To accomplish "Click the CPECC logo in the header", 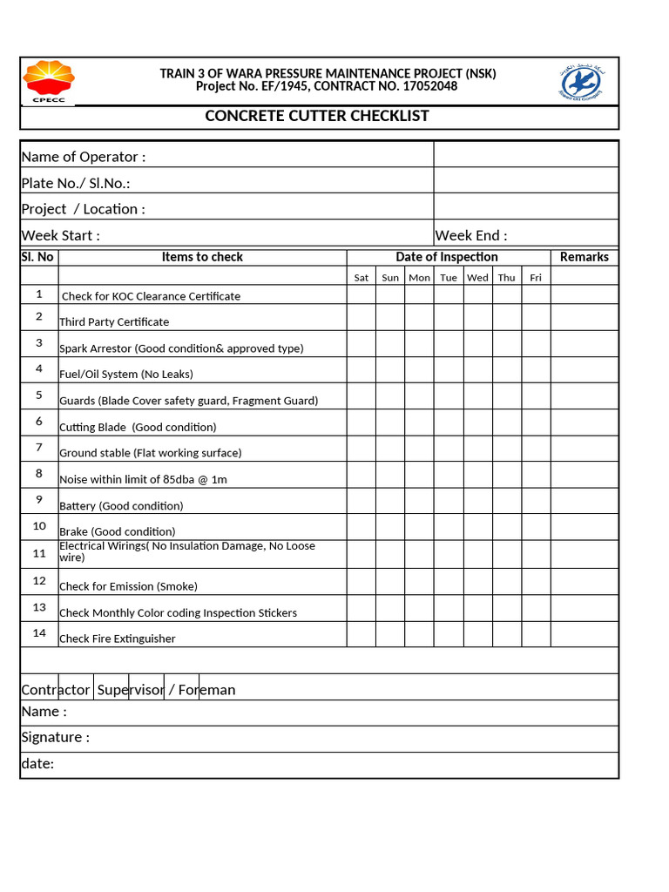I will [x=48, y=81].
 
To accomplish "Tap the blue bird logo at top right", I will [x=580, y=82].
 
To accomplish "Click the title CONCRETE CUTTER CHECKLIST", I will [x=317, y=117].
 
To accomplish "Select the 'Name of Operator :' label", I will [x=84, y=157].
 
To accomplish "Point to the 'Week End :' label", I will [x=471, y=235].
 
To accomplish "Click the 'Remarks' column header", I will [x=585, y=257].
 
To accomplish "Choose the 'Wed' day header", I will [x=477, y=278].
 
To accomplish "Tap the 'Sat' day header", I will [x=362, y=278].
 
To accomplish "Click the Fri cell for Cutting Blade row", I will [x=536, y=422].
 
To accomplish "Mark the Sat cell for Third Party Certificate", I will [x=362, y=317].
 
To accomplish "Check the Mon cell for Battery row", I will [x=419, y=501].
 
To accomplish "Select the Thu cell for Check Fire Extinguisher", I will [x=507, y=634].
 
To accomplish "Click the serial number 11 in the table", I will [x=39, y=553].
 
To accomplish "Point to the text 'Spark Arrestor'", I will [x=95, y=348].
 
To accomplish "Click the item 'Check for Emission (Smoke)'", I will [x=128, y=586].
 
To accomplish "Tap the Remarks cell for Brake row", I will [x=585, y=527].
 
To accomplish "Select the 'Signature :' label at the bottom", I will [x=55, y=738].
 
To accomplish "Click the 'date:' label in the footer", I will [x=37, y=764].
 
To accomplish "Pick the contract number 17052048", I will [x=429, y=86].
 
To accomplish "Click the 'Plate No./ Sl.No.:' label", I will [x=76, y=183].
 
